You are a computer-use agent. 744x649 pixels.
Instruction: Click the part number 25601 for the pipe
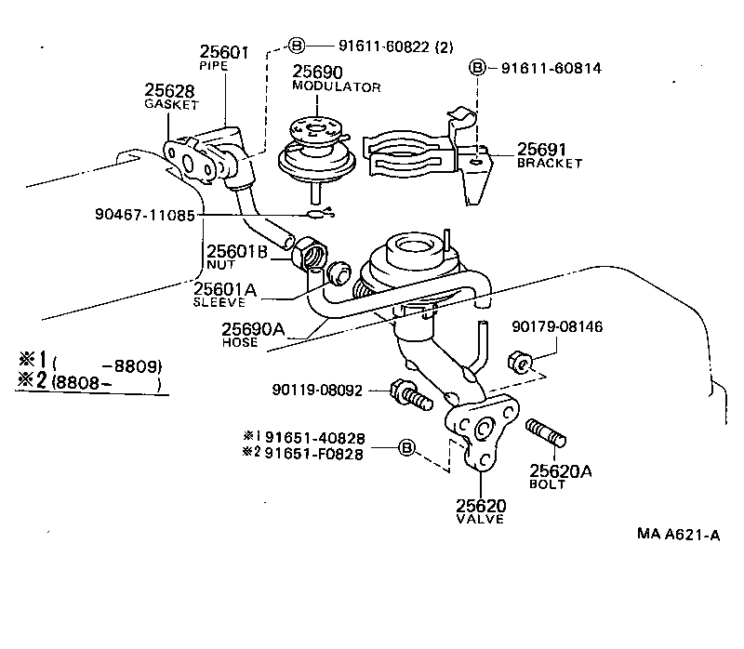pyautogui.click(x=224, y=53)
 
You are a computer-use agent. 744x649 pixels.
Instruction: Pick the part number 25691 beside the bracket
pyautogui.click(x=543, y=149)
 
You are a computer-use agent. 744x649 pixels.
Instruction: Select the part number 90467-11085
pyautogui.click(x=144, y=214)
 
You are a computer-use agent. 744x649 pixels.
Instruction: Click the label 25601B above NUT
pyautogui.click(x=236, y=251)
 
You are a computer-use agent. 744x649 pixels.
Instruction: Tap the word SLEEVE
pyautogui.click(x=219, y=302)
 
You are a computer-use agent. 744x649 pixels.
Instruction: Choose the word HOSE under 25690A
pyautogui.click(x=240, y=342)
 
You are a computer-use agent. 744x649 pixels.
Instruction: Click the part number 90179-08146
pyautogui.click(x=557, y=327)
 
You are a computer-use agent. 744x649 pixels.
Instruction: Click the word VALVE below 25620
pyautogui.click(x=480, y=520)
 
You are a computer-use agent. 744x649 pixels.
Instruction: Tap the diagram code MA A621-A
pyautogui.click(x=679, y=534)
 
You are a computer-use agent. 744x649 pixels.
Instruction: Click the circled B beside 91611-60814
pyautogui.click(x=476, y=68)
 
